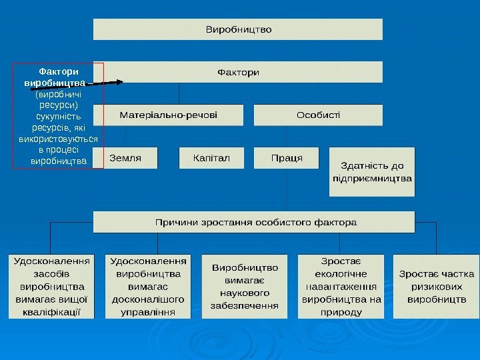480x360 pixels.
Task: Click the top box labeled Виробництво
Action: tap(238, 29)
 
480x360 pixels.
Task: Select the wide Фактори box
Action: tap(238, 72)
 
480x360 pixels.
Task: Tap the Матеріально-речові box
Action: tap(168, 115)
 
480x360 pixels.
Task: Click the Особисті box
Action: tap(318, 115)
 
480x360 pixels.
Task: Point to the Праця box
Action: tap(287, 158)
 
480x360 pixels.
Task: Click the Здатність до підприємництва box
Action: tap(372, 172)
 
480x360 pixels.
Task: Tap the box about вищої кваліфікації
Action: tap(51, 285)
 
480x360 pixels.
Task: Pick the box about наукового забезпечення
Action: tap(245, 286)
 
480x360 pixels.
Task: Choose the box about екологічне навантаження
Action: tap(341, 285)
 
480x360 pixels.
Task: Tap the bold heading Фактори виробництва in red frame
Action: tap(57, 77)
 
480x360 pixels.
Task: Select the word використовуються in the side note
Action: tap(59, 139)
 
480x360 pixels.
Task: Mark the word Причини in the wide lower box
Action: tap(176, 221)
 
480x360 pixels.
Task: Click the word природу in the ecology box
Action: tap(341, 311)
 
